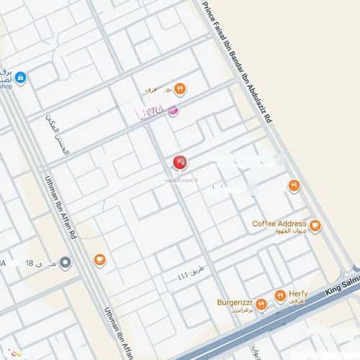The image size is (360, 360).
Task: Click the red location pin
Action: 179,162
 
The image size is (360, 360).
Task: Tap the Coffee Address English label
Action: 279,224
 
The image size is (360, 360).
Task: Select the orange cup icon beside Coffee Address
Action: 315,226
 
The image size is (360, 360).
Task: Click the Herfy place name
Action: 298,293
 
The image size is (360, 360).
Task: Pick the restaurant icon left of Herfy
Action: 279,296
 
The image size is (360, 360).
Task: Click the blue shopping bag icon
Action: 20,77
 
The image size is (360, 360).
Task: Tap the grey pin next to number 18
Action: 66,263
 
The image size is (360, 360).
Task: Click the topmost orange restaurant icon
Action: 179,89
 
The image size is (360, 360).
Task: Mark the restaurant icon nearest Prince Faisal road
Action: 294,186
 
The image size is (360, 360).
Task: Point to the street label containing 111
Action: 185,277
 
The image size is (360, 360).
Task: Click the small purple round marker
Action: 173,111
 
